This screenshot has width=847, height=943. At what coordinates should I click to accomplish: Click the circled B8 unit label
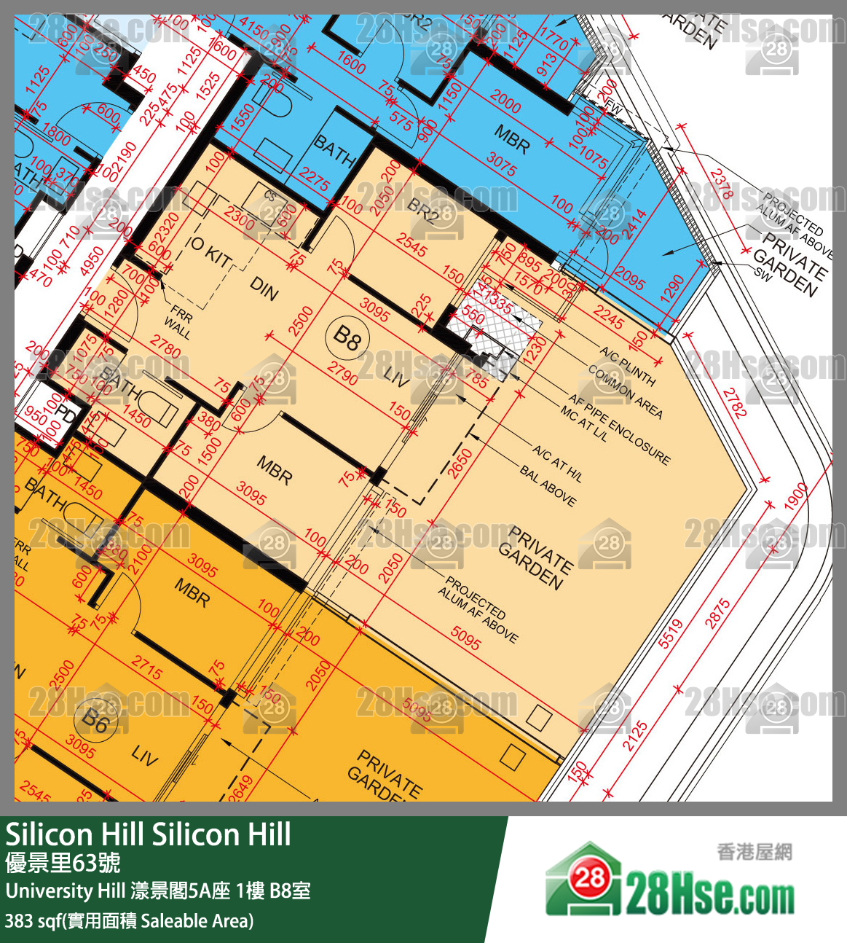pos(347,337)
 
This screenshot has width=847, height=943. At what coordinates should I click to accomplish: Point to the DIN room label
pos(264,289)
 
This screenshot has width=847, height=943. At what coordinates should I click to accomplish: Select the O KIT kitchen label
pos(210,253)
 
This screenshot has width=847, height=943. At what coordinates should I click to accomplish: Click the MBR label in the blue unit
pos(513,138)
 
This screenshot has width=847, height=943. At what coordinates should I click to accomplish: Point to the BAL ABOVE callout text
pos(548,486)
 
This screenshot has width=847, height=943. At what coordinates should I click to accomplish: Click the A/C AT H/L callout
pos(557,463)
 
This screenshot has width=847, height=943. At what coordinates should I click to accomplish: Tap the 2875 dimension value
pos(717,613)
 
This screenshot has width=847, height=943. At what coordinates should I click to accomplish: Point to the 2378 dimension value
pos(722,184)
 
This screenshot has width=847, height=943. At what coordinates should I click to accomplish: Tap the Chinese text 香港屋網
pos(754,851)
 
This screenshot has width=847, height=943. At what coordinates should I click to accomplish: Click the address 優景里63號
pos(63,864)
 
